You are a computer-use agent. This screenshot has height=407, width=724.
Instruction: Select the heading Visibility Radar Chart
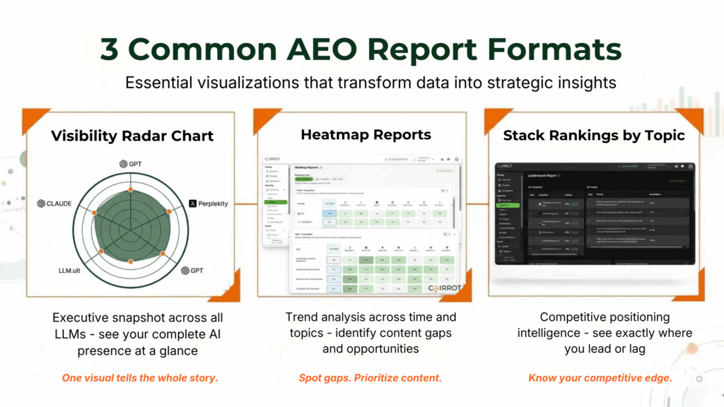(x=132, y=136)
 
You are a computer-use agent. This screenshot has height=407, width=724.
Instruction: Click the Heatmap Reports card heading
(x=366, y=134)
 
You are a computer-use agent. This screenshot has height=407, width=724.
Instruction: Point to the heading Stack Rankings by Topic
(x=594, y=135)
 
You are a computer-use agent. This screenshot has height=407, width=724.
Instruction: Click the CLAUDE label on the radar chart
(x=55, y=203)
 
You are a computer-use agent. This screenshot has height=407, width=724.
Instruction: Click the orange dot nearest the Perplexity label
(x=169, y=211)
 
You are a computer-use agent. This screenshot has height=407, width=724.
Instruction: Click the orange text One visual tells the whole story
(x=140, y=378)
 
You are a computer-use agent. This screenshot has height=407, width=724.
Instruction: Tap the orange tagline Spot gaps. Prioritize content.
(x=370, y=378)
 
